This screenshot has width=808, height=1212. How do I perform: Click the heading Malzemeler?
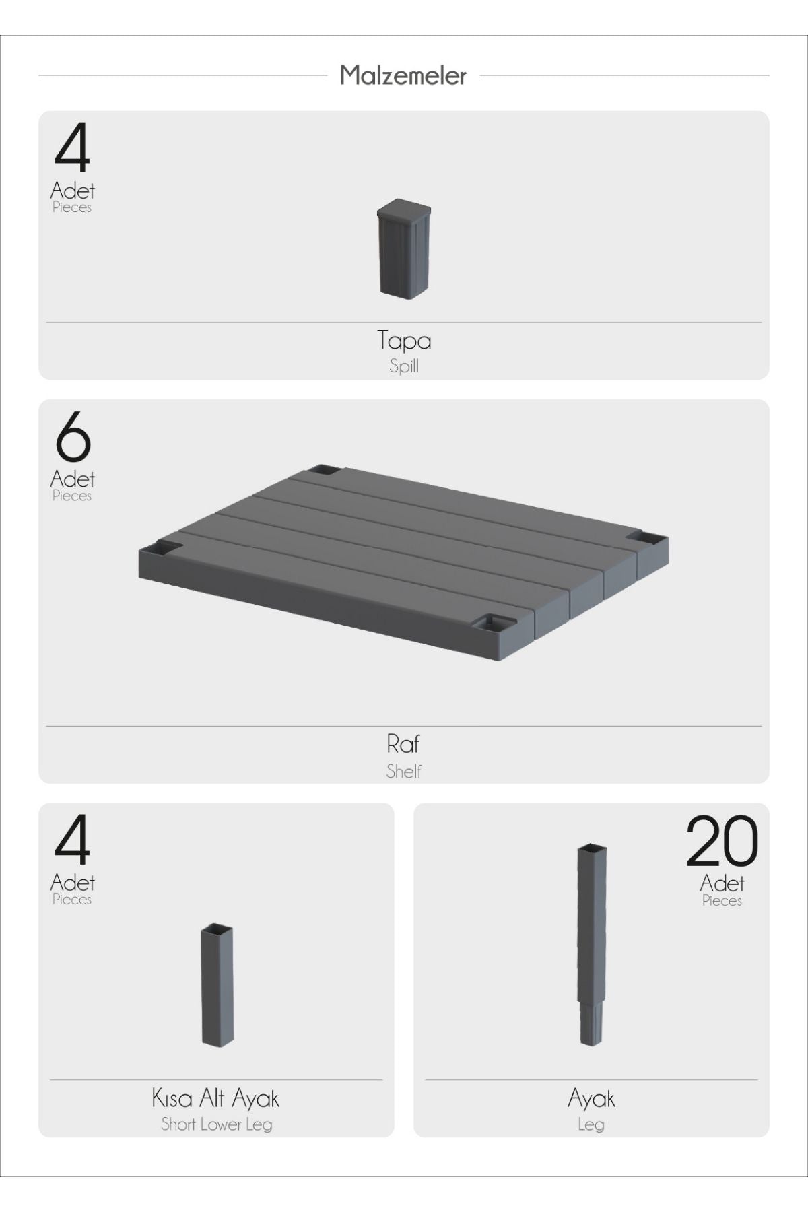point(403,75)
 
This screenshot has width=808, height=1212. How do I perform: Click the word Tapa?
point(404,341)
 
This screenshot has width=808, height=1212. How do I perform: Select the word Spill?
point(404,366)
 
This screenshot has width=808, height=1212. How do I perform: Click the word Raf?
point(403,744)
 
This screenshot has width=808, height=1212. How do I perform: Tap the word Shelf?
point(404,771)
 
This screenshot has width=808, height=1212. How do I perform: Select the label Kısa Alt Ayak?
point(215,1099)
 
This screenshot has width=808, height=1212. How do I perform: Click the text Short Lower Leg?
point(216,1124)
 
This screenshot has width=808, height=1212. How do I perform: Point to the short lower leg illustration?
point(217,984)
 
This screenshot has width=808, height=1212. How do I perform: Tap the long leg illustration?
point(592,944)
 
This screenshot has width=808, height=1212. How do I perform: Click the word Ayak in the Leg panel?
point(591,1099)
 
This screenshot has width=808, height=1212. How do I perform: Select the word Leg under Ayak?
point(591,1124)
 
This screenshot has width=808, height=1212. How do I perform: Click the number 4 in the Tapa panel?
point(72,148)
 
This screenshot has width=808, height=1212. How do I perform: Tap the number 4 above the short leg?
point(72,840)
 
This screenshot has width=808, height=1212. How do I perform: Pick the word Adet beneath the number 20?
point(722,883)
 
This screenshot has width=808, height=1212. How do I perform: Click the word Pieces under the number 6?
point(72,496)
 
